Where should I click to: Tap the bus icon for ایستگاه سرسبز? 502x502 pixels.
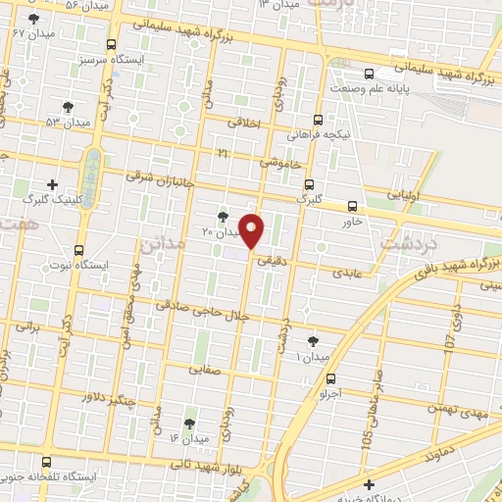click(x=110, y=44)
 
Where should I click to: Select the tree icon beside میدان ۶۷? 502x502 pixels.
click(x=34, y=19)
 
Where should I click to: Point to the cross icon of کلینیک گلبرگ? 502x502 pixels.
click(x=52, y=183)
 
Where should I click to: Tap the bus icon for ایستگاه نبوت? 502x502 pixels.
click(x=78, y=250)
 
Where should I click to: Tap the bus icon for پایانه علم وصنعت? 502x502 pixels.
click(x=370, y=74)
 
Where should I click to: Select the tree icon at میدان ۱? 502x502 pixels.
click(x=313, y=340)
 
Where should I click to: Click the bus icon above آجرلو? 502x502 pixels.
click(x=330, y=378)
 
